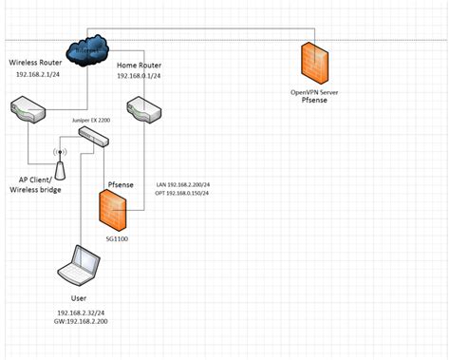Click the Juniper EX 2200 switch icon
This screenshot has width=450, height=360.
coord(93,140)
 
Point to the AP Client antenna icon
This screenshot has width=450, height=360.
coord(59,164)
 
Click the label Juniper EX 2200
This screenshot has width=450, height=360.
coord(92,122)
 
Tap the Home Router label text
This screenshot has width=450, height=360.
coord(140,67)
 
